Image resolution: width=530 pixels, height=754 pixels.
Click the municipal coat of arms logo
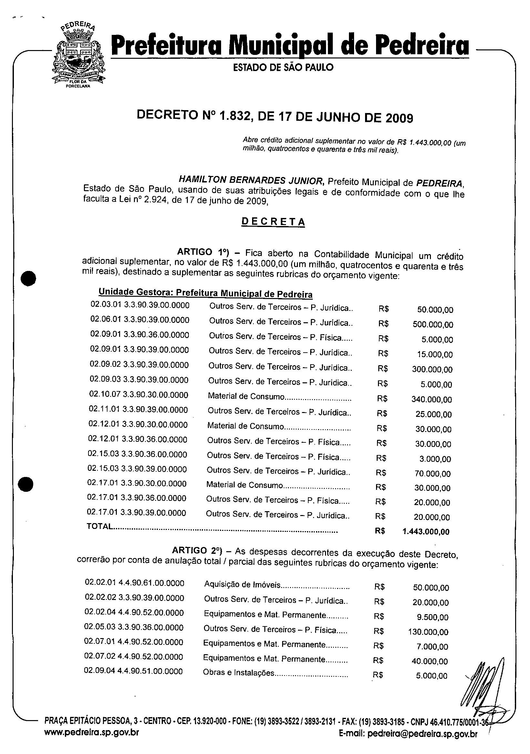pyautogui.click(x=78, y=56)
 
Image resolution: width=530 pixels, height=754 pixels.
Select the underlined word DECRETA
pyautogui.click(x=273, y=222)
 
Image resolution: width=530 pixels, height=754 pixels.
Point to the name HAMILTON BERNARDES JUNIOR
pyautogui.click(x=251, y=180)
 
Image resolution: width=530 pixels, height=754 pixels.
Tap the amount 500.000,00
pyautogui.click(x=433, y=325)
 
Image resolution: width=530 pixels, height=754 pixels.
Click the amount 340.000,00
pyautogui.click(x=432, y=399)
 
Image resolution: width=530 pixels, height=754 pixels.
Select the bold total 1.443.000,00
pyautogui.click(x=426, y=532)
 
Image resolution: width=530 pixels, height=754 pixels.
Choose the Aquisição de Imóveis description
pyautogui.click(x=242, y=584)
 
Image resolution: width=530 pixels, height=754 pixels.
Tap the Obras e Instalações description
pyautogui.click(x=238, y=673)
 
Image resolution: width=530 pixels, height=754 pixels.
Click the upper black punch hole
pyautogui.click(x=28, y=278)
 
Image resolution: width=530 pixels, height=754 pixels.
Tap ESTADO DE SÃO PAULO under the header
pyautogui.click(x=283, y=67)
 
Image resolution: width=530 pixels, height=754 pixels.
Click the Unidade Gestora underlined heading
pyautogui.click(x=205, y=293)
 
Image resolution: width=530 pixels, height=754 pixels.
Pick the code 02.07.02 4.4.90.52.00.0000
pyautogui.click(x=134, y=657)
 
